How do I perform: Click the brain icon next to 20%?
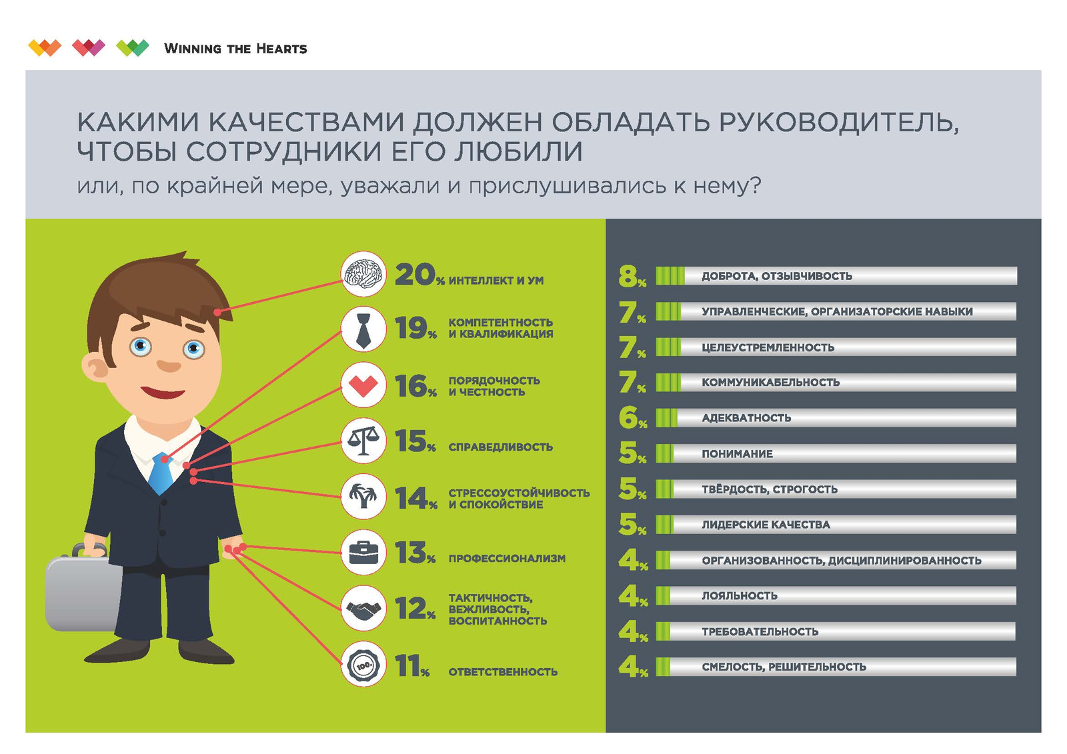pos(363,274)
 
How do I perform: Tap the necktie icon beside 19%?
pos(363,329)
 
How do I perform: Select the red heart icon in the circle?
pos(363,385)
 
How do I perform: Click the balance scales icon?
pos(363,441)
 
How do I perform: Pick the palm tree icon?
pos(363,497)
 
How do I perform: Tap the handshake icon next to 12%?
pos(363,608)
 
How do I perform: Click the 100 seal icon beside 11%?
pos(363,665)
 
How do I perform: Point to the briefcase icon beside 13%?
pos(363,553)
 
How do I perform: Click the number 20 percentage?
pos(415,275)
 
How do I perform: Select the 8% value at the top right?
pos(631,276)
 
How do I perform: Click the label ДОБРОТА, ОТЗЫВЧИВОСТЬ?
pos(776,276)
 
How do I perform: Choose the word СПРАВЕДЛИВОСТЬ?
pos(500,447)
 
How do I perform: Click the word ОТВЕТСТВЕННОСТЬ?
pos(503,672)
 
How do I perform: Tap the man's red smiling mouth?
pos(162,393)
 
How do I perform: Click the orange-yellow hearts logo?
pos(45,48)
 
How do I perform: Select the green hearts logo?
pos(132,48)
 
